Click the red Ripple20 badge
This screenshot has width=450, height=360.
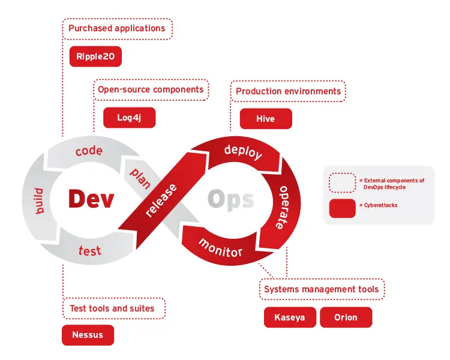tap(96, 56)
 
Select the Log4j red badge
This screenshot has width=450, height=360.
tap(129, 118)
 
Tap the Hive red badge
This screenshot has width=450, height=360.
tap(265, 119)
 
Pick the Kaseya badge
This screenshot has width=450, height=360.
tap(290, 317)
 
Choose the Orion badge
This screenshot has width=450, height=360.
tap(346, 317)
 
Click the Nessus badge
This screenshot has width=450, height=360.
tap(88, 335)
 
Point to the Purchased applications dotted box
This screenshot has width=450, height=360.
tap(117, 28)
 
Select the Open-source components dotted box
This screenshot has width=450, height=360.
tap(151, 90)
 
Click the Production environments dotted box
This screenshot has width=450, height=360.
tap(288, 91)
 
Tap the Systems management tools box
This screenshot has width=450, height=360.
tap(322, 290)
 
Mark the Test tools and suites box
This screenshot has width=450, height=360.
tap(113, 308)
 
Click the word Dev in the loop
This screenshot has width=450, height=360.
tap(91, 199)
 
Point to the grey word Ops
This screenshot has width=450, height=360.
tap(230, 199)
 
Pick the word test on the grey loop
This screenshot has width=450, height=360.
tap(89, 249)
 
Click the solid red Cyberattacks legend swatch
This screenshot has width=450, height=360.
tap(342, 208)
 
